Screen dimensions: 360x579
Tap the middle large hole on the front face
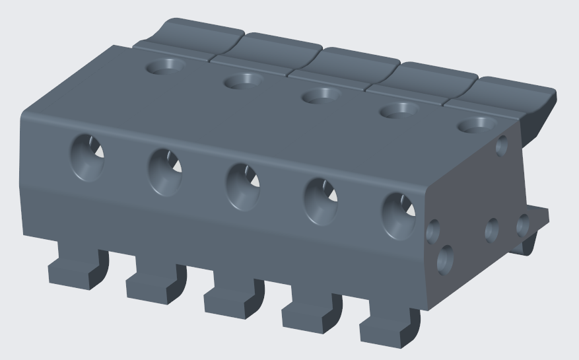pyautogui.click(x=243, y=186)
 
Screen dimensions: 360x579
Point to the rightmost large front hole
pyautogui.click(x=399, y=215)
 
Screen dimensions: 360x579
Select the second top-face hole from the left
pyautogui.click(x=243, y=81)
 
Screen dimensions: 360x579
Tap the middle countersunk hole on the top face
pyautogui.click(x=321, y=96)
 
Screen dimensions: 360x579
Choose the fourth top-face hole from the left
pyautogui.click(x=399, y=110)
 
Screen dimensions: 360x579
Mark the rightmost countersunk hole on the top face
pyautogui.click(x=477, y=124)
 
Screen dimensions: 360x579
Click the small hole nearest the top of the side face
pyautogui.click(x=501, y=145)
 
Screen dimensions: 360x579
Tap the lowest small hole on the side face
pyautogui.click(x=446, y=259)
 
